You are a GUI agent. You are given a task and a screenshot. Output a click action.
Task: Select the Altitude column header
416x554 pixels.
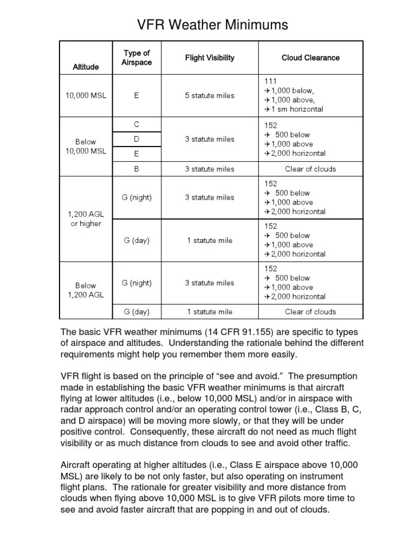[86, 67]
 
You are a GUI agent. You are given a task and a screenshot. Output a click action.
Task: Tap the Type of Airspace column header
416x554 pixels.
[136, 58]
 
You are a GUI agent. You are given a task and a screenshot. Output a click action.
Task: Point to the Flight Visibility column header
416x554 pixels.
[210, 58]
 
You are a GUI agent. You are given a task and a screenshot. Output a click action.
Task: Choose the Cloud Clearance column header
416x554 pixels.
[310, 58]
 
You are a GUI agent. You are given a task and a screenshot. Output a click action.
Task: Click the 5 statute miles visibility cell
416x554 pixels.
[210, 96]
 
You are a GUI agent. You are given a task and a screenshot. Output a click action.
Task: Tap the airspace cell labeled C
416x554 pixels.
[136, 124]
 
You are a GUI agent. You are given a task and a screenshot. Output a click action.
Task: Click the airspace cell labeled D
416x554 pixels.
[136, 139]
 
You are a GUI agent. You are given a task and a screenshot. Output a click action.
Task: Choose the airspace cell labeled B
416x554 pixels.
[136, 169]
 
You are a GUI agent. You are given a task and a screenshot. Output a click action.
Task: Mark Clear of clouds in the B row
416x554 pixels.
[310, 169]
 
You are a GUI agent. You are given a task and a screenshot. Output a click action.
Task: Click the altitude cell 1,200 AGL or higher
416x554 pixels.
[86, 219]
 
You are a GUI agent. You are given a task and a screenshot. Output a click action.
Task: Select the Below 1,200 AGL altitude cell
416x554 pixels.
[86, 290]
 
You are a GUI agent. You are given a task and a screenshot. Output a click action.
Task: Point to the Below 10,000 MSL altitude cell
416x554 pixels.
[86, 146]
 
